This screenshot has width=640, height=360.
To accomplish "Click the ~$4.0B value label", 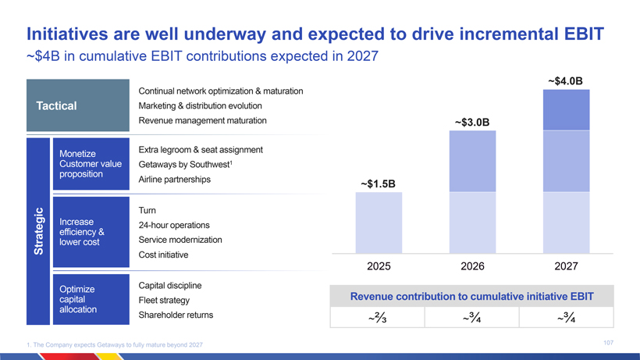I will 566,80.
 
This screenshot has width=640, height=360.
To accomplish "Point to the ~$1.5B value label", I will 379,184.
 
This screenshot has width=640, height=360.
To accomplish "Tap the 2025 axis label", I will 379,266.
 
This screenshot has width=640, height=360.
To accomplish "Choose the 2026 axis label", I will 472,266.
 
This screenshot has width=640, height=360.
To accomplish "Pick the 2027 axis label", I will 566,266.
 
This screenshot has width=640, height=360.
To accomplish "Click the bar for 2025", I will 379,223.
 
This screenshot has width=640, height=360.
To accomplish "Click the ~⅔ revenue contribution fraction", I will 379,318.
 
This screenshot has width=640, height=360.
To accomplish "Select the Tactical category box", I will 76,106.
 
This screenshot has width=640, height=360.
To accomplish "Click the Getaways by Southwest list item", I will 187,165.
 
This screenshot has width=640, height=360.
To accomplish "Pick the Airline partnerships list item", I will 174,180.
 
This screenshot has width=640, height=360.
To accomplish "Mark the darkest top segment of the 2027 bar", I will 566,109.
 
